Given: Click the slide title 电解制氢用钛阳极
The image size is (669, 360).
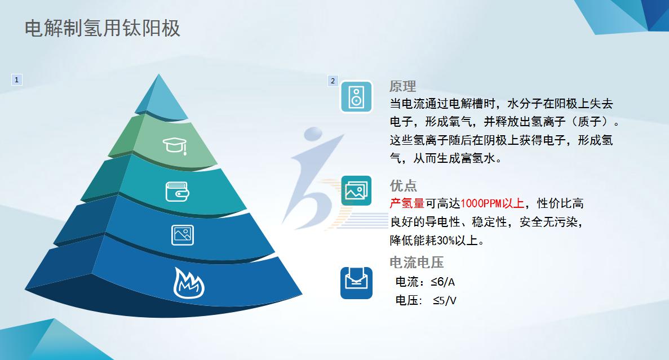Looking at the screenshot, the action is tap(103, 29).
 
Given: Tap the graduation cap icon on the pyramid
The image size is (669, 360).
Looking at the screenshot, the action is tap(175, 146).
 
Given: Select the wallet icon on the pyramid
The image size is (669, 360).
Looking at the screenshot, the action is tap(177, 191).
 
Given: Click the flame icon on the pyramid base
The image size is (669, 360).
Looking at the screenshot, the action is tap(189, 283).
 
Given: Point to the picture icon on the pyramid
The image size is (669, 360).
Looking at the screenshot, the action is tap(183, 235).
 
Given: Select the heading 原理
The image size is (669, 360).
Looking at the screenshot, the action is tap(402, 86).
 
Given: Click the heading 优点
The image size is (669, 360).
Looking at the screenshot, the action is tap(403, 185).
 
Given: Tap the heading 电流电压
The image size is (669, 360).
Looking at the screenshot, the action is tap(417, 263).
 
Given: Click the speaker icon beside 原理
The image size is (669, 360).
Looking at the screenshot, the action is tap(356, 97).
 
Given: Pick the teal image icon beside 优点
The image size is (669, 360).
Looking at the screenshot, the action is tap(356, 190).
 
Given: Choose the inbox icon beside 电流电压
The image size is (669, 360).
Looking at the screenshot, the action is tap(356, 283).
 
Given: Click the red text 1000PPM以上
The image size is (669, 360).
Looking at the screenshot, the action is tap(493, 203).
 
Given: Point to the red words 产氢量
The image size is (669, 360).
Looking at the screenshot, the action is tap(407, 203).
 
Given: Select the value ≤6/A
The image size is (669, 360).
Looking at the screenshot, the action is tap(443, 282).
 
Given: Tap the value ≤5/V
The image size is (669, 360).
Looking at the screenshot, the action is tap(445, 301).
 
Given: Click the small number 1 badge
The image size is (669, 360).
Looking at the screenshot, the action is tap(17, 80).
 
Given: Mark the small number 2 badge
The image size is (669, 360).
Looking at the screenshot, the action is tap(333, 81).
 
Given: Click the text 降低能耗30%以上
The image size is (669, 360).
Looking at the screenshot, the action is tap(437, 241).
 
